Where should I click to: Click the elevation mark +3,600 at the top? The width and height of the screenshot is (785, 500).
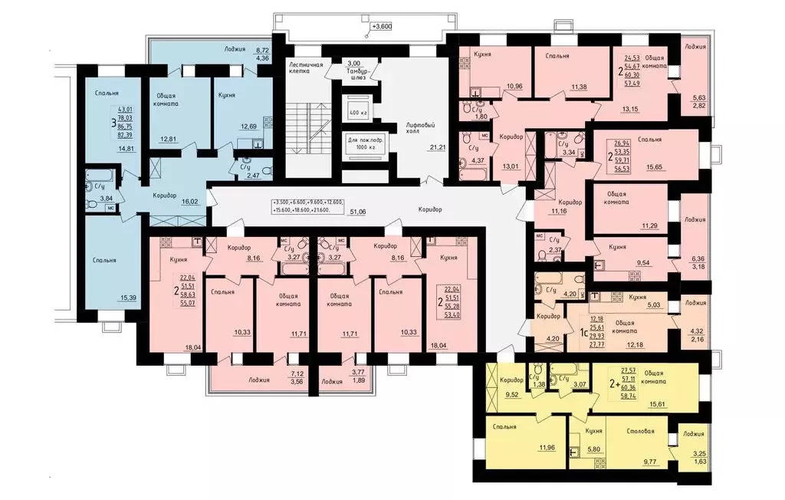[x=381, y=25]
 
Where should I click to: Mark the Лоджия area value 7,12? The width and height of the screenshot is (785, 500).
[x=295, y=375]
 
